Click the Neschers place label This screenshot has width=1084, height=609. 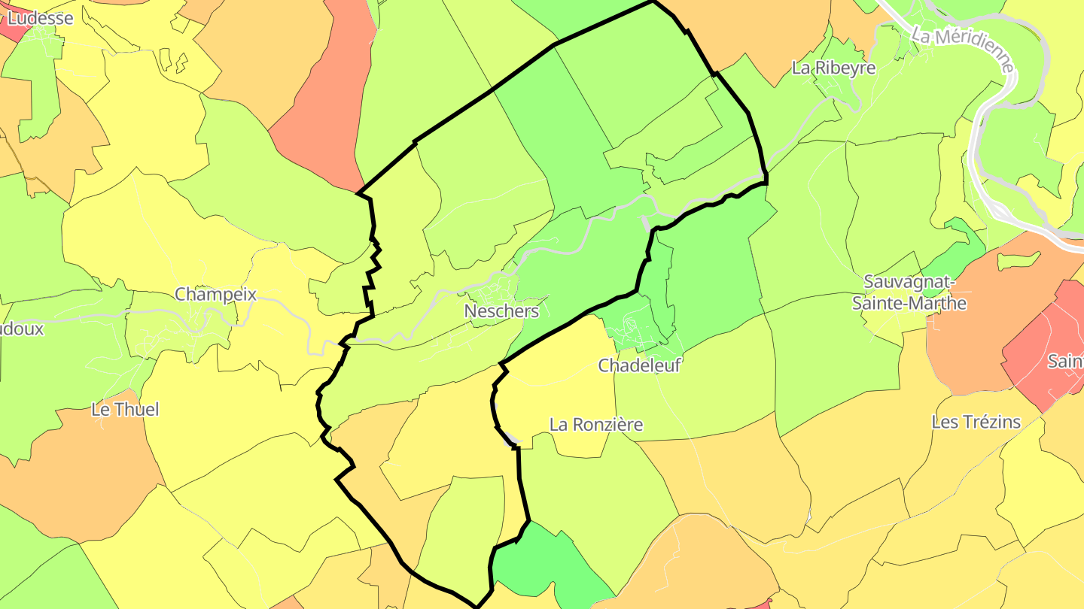[501, 311]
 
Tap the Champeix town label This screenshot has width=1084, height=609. [215, 294]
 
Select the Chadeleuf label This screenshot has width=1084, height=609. [638, 365]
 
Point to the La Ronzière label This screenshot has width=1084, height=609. [596, 425]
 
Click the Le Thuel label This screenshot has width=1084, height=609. [125, 410]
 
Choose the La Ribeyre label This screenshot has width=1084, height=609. [833, 68]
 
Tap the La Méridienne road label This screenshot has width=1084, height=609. [964, 50]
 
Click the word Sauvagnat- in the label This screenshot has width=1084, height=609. [909, 283]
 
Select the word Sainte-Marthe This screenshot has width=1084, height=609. [909, 303]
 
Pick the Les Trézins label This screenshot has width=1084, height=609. [976, 422]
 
